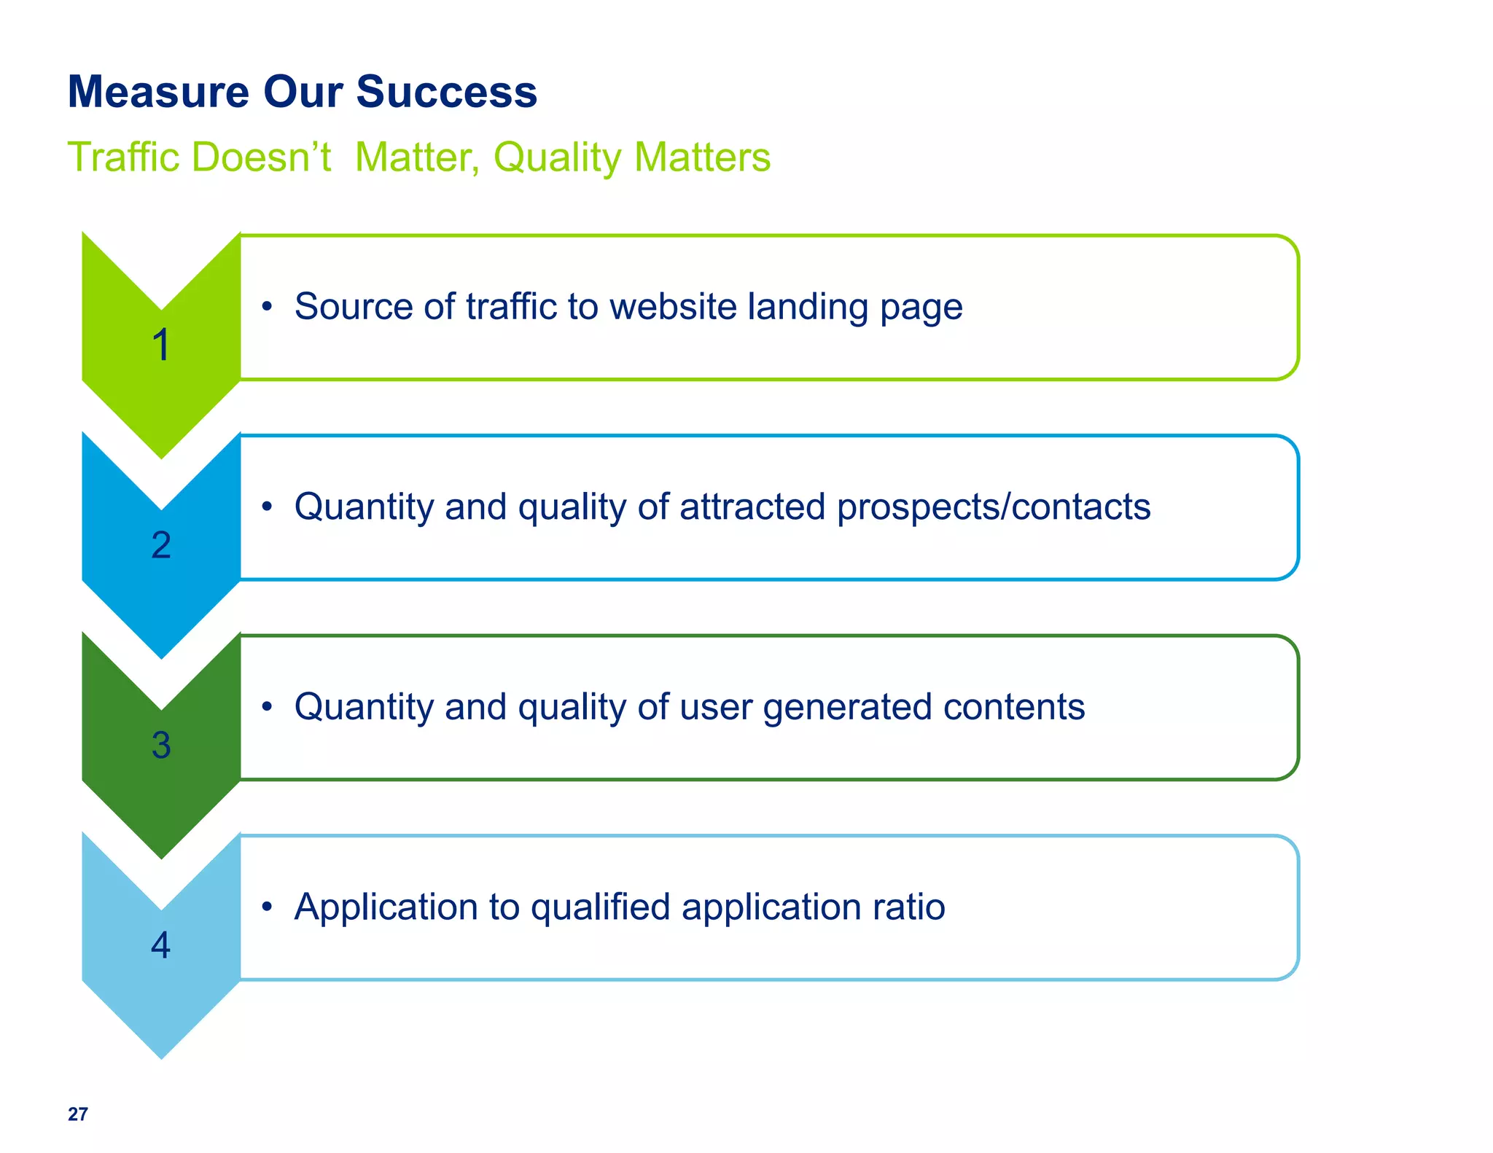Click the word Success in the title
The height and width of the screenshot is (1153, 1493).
click(x=446, y=93)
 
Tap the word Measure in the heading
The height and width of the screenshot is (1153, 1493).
click(x=158, y=93)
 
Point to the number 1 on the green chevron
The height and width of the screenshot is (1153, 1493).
click(x=161, y=345)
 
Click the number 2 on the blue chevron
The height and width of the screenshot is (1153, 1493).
click(x=161, y=545)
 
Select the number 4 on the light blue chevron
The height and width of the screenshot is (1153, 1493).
click(x=161, y=945)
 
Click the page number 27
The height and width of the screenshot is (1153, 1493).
click(x=78, y=1114)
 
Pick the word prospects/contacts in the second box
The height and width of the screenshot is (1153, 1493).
click(x=994, y=507)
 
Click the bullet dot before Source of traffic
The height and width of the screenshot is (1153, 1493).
click(x=268, y=307)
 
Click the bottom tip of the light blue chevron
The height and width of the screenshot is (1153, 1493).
click(x=161, y=1055)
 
